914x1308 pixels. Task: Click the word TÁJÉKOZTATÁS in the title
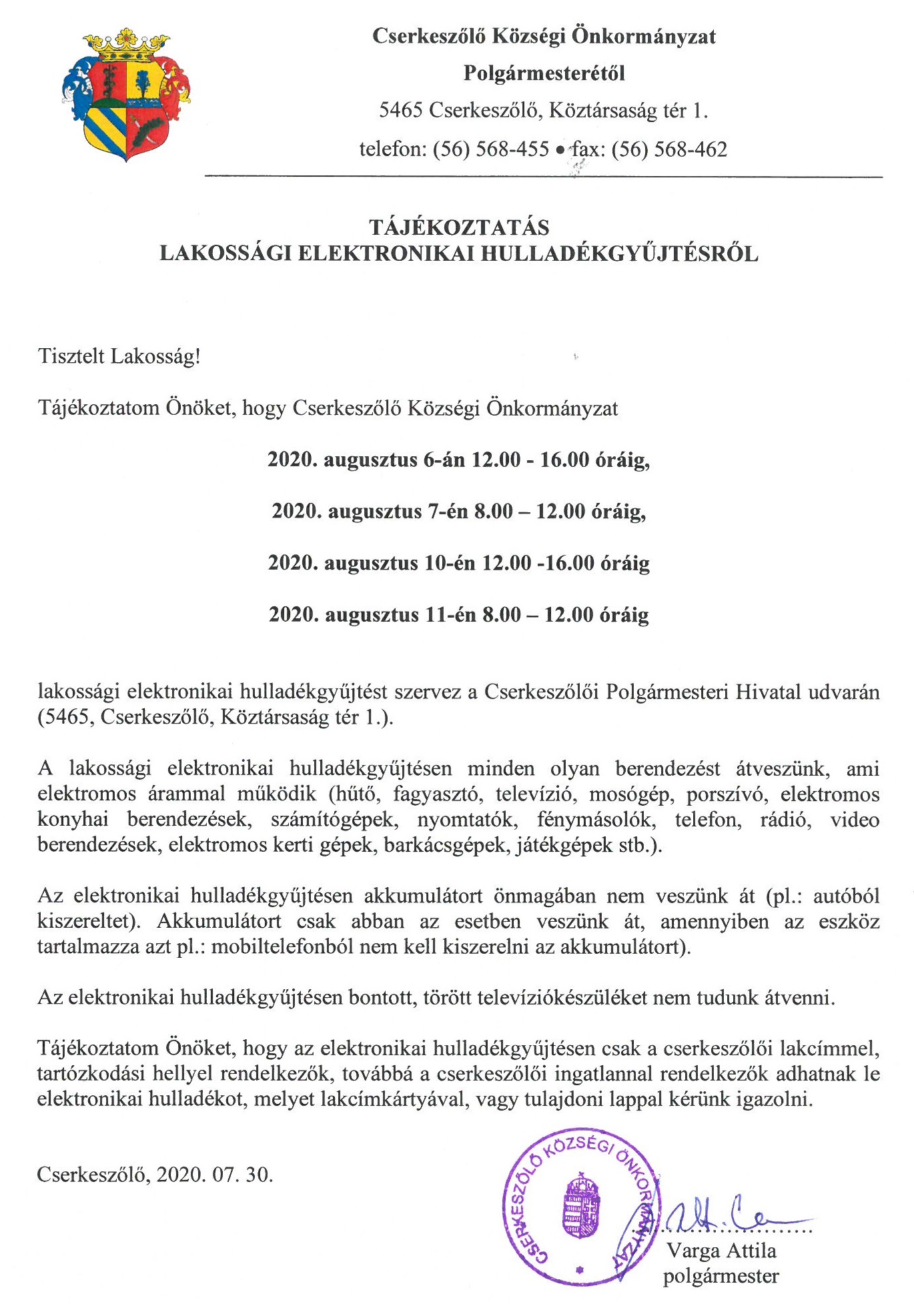459,227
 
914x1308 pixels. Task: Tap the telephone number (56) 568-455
491,149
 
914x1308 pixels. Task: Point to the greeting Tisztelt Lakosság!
119,356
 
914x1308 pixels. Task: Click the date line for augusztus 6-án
458,460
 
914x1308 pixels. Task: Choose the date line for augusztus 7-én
458,511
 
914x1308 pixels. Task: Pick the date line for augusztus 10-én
458,562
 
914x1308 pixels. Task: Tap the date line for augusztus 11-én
458,614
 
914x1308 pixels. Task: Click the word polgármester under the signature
721,1276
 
